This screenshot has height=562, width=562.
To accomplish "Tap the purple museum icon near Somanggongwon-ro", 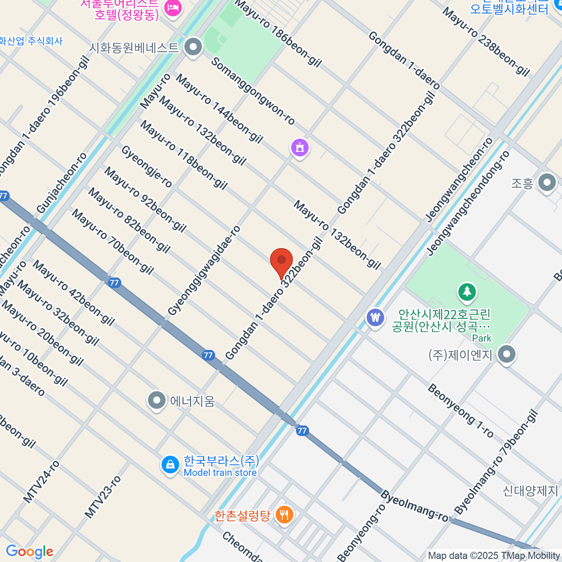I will [x=300, y=148].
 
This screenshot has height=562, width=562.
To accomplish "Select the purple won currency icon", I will [x=375, y=318].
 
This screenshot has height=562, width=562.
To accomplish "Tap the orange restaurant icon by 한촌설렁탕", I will [x=284, y=515].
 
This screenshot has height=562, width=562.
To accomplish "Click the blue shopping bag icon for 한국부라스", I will [x=170, y=465].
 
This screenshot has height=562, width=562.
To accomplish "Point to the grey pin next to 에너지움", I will [x=156, y=400].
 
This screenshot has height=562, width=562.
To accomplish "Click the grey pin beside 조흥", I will [x=547, y=183].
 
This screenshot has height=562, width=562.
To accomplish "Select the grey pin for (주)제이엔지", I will [x=506, y=355].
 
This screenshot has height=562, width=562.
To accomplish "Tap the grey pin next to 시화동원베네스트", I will [x=192, y=47].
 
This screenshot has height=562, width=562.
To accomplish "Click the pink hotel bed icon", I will [x=173, y=8].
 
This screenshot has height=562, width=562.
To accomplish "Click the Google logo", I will [x=30, y=552].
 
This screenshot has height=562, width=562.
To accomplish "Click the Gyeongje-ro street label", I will [x=147, y=166].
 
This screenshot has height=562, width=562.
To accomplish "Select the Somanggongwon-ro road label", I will [x=253, y=91].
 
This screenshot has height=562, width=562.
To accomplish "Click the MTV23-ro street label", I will [x=103, y=496].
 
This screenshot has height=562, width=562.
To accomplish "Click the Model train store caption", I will [x=220, y=473].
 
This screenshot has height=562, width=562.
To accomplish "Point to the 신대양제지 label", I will [x=530, y=491].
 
